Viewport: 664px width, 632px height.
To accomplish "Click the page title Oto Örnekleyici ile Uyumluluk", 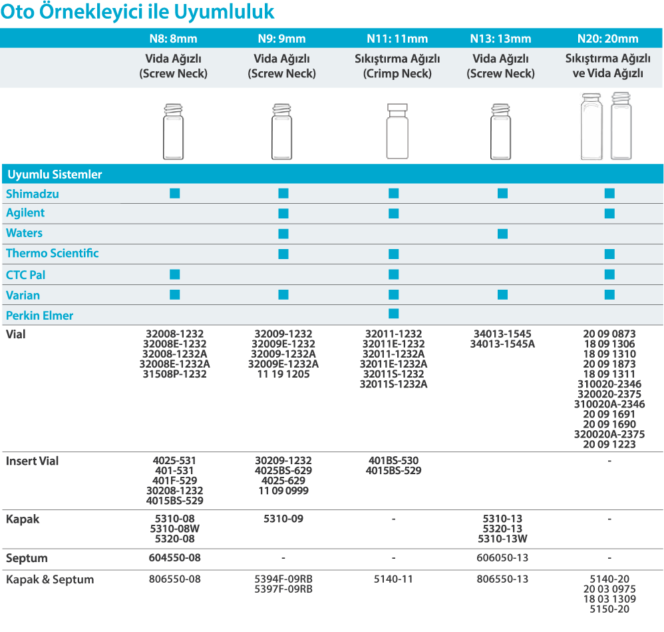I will (137, 13).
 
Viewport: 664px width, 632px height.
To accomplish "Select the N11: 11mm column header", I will (397, 39).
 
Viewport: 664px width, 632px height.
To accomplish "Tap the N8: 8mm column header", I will (173, 39).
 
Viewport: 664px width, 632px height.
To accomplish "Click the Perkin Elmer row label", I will (40, 315).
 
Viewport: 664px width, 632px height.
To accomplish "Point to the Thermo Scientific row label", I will (53, 253).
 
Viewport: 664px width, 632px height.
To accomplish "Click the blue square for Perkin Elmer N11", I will (393, 314).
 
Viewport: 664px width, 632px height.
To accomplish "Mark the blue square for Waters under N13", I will (502, 234).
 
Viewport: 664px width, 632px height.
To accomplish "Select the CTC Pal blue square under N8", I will (175, 274).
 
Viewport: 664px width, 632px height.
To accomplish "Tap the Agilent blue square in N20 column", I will (609, 213).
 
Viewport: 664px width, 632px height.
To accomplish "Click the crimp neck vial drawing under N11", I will (397, 131).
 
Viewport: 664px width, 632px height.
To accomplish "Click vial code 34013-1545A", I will (502, 344).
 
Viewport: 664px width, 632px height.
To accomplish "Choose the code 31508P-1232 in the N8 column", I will (175, 374).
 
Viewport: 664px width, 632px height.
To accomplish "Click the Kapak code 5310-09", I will (283, 519).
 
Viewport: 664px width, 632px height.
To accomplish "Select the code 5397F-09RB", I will (283, 589).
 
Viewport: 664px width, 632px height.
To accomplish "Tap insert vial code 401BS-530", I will (393, 461).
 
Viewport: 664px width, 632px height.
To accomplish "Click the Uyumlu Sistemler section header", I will (55, 174).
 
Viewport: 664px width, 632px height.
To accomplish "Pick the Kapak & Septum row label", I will (50, 579).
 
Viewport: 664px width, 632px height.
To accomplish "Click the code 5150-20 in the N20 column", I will (609, 609).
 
